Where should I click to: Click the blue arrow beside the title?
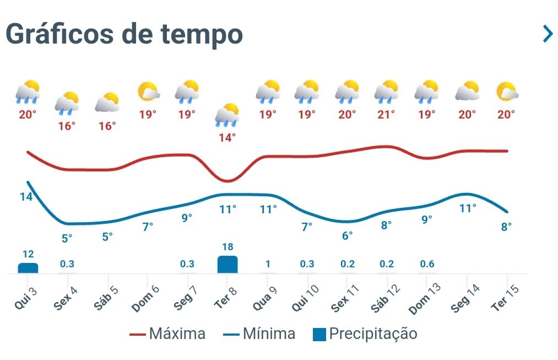point(547,34)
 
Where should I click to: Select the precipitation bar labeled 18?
point(227,264)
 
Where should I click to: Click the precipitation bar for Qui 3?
point(28,268)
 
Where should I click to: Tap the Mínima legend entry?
point(259,334)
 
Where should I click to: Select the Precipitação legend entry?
point(365,334)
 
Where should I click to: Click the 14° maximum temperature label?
point(227,138)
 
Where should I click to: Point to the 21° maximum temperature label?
point(386,115)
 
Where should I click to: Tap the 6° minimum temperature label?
point(347,235)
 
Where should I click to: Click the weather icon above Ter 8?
point(227,114)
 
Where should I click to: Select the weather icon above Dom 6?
point(148,92)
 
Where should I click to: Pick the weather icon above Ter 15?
point(507,92)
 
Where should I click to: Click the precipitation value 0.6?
point(427,264)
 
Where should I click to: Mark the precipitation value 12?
point(28,254)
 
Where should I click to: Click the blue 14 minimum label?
point(26,197)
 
